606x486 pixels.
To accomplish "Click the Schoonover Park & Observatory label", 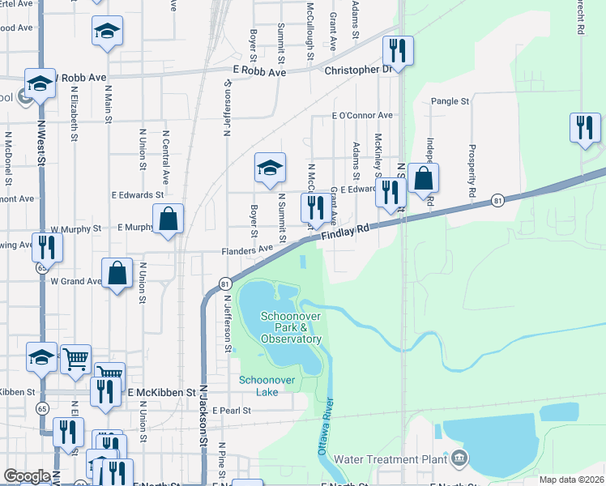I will click(x=291, y=327).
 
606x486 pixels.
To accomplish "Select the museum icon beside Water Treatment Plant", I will click(x=460, y=459).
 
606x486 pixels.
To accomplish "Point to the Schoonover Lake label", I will click(x=258, y=386).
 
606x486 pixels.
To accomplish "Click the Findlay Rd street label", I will click(x=345, y=232).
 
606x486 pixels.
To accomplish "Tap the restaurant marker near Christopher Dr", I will click(x=398, y=50).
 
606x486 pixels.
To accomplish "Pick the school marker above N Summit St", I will click(x=270, y=168).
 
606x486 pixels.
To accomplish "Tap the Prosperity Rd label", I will click(x=471, y=171).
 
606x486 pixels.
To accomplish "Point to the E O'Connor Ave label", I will click(x=362, y=116).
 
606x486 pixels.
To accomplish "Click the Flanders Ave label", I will click(x=248, y=251).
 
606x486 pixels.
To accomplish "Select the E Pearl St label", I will click(x=232, y=411).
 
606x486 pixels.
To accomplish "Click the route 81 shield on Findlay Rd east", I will click(x=498, y=199).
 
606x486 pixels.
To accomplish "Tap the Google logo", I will click(x=28, y=476).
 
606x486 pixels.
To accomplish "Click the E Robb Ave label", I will click(x=259, y=72).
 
